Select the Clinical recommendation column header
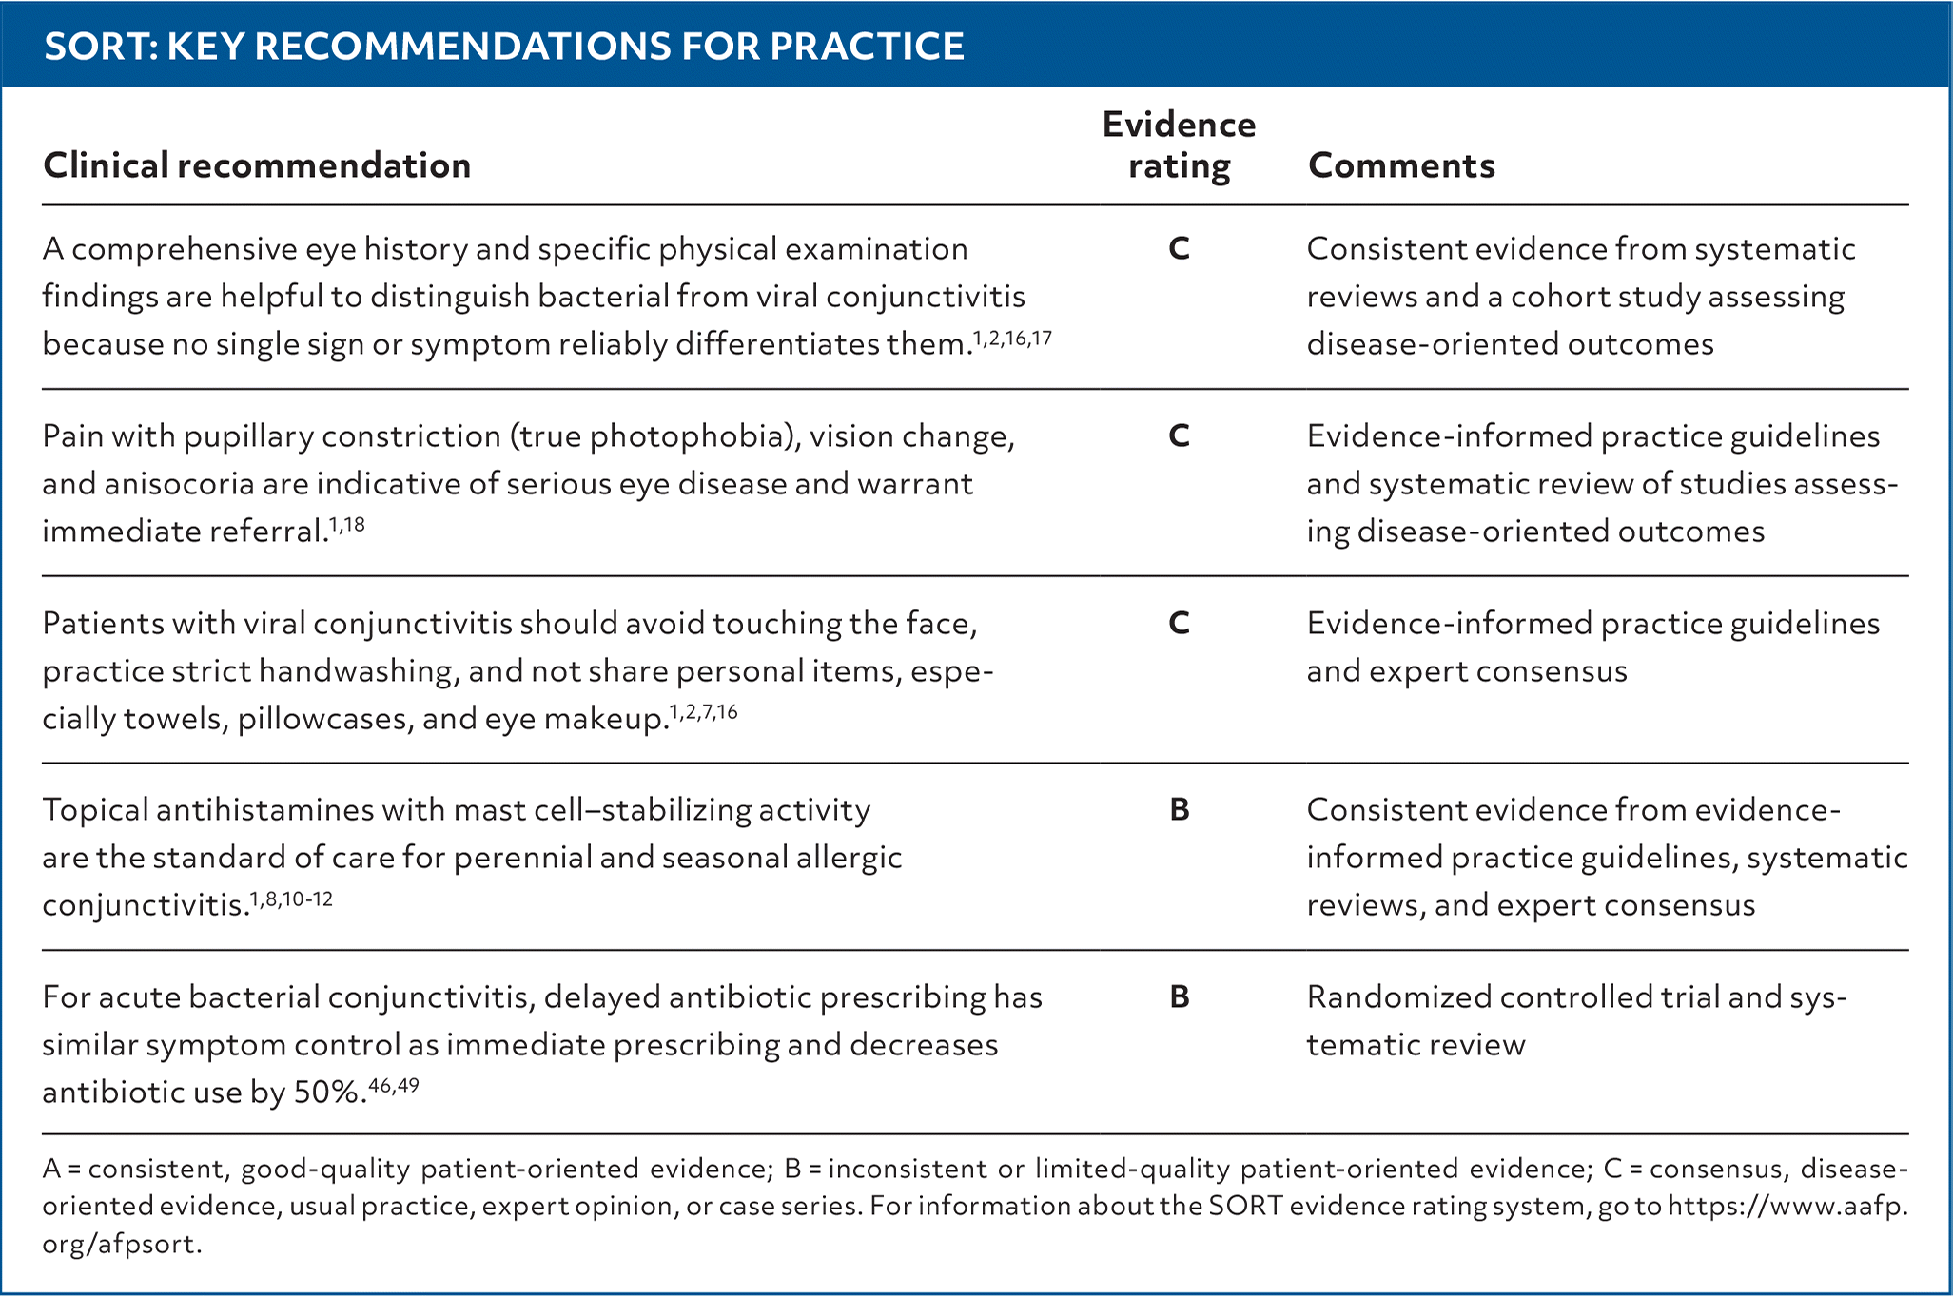click(x=257, y=165)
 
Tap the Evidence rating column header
click(x=1179, y=145)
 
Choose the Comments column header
click(x=1401, y=165)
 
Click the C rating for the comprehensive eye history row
click(x=1179, y=249)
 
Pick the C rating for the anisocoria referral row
click(x=1179, y=436)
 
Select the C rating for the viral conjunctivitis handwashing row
click(x=1179, y=624)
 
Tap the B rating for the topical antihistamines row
click(x=1179, y=810)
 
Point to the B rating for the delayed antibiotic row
click(x=1179, y=997)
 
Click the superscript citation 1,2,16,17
click(x=1012, y=338)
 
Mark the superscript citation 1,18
click(x=347, y=525)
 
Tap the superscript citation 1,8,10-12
click(x=291, y=899)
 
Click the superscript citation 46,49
click(x=394, y=1086)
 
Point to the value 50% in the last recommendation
click(x=328, y=1093)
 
